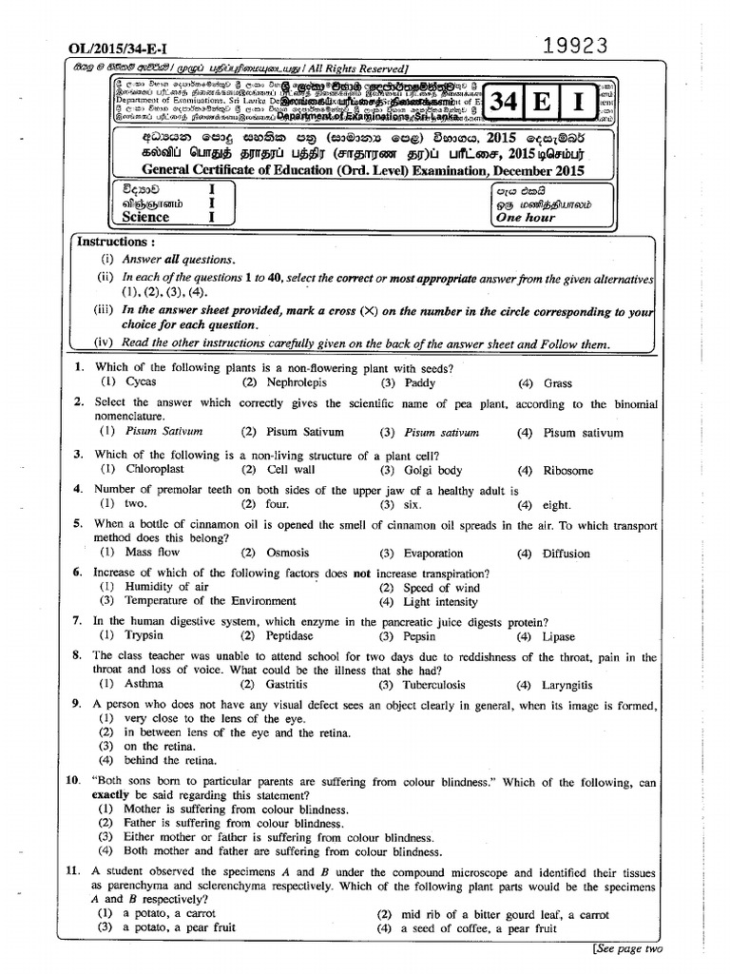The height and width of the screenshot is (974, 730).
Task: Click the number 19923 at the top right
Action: (x=575, y=46)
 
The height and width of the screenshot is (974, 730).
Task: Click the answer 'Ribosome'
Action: (x=568, y=470)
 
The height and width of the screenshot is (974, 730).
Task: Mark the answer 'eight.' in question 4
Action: (x=556, y=505)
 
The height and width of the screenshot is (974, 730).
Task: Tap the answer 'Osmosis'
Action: (x=288, y=553)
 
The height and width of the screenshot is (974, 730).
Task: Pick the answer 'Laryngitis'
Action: (x=567, y=684)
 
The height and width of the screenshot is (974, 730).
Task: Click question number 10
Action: (x=73, y=782)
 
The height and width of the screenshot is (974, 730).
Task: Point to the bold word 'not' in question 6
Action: (x=361, y=573)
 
